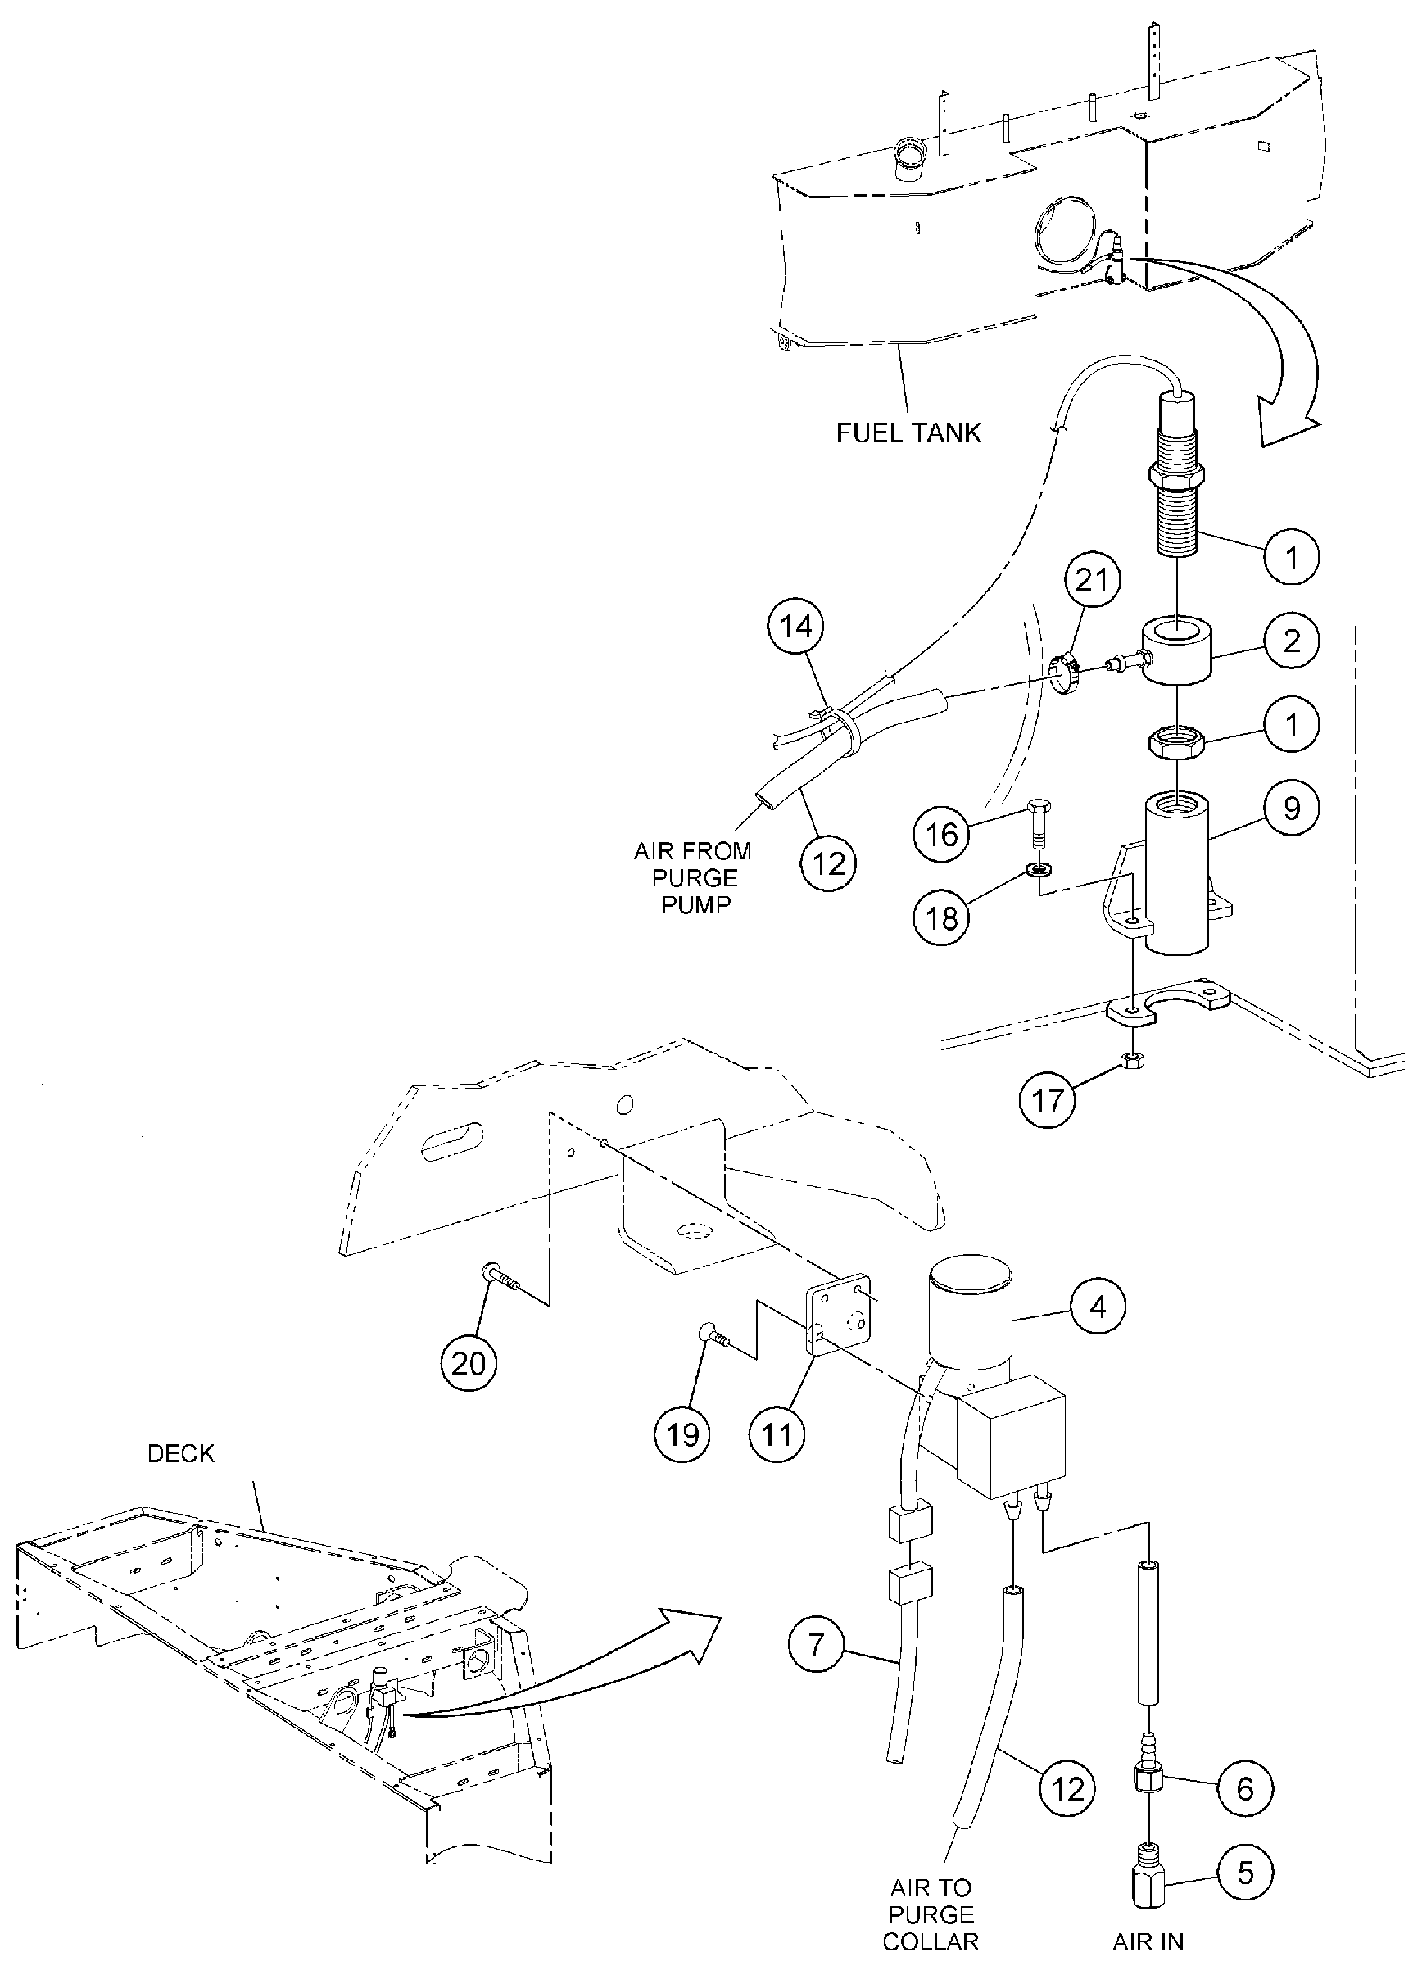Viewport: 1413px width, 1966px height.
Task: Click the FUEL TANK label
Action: pyautogui.click(x=908, y=433)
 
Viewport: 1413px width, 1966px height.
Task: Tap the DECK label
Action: pyautogui.click(x=180, y=1454)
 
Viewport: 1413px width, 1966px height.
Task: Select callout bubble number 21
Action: pyautogui.click(x=1090, y=579)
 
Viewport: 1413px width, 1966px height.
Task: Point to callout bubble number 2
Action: pyautogui.click(x=1292, y=641)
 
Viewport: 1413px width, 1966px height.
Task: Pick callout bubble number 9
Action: pyautogui.click(x=1292, y=808)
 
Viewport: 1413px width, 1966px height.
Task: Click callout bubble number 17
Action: pyautogui.click(x=1047, y=1100)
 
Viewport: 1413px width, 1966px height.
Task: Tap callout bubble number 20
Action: pyautogui.click(x=469, y=1364)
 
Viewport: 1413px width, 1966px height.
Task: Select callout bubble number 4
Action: pyautogui.click(x=1098, y=1307)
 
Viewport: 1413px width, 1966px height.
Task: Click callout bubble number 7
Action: pyautogui.click(x=816, y=1643)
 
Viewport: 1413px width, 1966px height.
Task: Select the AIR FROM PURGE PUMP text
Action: pyautogui.click(x=694, y=877)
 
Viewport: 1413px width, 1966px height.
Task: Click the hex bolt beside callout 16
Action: pyautogui.click(x=1038, y=823)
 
